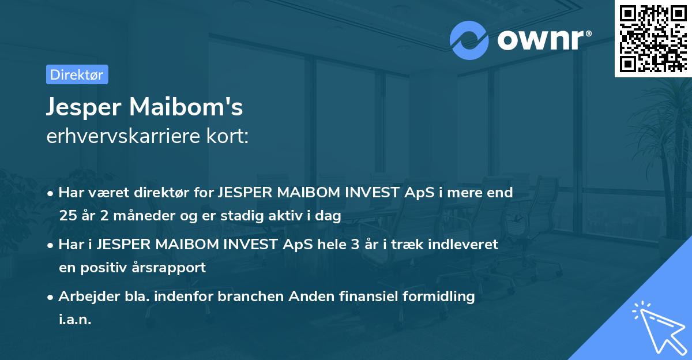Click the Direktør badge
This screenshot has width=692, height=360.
point(77,74)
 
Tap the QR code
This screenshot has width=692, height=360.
point(653,38)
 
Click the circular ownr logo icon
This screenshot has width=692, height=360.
point(469,40)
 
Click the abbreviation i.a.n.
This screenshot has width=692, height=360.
point(75,320)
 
